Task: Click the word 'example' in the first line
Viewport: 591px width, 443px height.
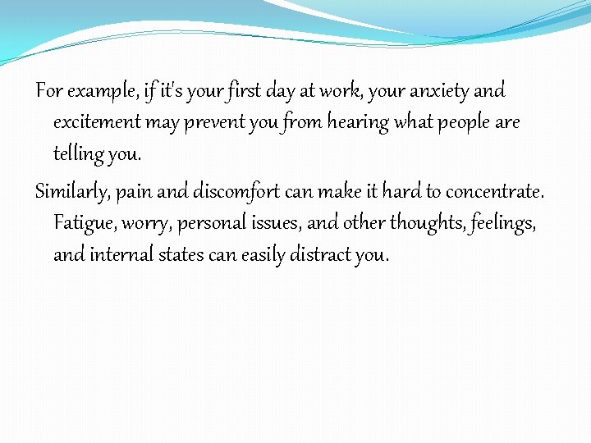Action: (95, 90)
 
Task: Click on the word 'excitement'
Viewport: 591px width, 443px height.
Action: (97, 122)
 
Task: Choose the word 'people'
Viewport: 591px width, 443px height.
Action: (460, 122)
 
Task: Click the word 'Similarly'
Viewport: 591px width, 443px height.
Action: (72, 192)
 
